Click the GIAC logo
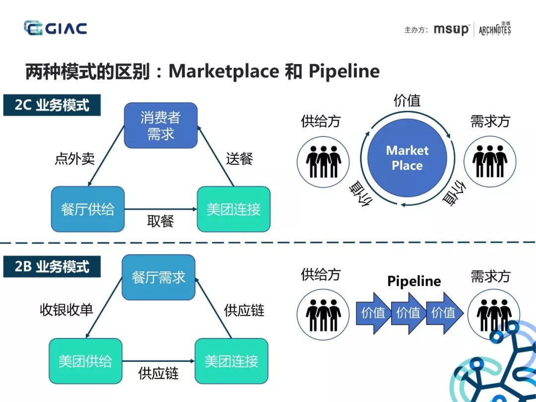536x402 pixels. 55,28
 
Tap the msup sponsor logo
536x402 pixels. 451,29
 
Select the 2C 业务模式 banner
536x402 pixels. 52,105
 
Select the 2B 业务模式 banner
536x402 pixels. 52,267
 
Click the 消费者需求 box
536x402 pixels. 160,126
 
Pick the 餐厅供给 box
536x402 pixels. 87,209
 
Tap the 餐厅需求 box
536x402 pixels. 158,277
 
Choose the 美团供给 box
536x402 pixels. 85,361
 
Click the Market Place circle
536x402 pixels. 407,158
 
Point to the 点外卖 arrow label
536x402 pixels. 74,159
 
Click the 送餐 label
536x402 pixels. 240,159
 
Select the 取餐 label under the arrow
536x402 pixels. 160,221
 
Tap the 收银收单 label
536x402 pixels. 67,310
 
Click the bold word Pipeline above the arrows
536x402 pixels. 414,281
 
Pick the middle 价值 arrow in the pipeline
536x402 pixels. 408,313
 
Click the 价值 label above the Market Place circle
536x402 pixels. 407,101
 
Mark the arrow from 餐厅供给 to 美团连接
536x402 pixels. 160,209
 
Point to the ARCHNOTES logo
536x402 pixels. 495,29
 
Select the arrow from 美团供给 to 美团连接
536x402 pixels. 158,361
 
